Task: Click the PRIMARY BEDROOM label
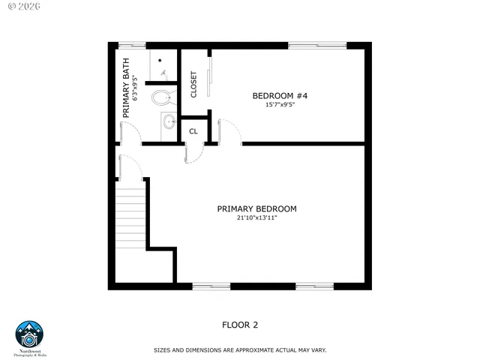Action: (256, 208)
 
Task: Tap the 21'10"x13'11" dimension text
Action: (256, 217)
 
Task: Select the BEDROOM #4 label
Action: (280, 95)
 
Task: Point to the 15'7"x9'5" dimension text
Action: (280, 105)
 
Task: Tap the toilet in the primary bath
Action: (163, 96)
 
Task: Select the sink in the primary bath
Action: (168, 121)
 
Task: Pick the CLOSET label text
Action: (193, 84)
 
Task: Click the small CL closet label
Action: (193, 131)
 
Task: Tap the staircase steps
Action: (130, 219)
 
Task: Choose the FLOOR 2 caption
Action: (240, 325)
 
